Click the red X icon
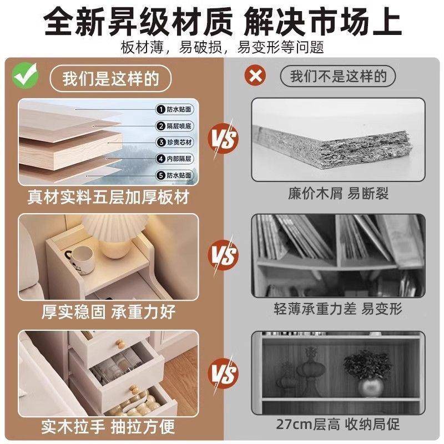tap(256, 76)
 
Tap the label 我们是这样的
tap(111, 78)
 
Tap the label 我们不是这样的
tap(339, 76)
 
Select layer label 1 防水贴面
tap(176, 110)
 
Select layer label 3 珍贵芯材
tap(176, 143)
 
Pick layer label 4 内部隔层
tap(176, 159)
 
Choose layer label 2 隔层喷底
tap(176, 126)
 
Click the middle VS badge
tap(222, 256)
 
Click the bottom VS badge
tap(222, 372)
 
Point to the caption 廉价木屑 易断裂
tap(338, 194)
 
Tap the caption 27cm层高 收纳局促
tap(338, 426)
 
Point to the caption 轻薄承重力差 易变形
tap(338, 309)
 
